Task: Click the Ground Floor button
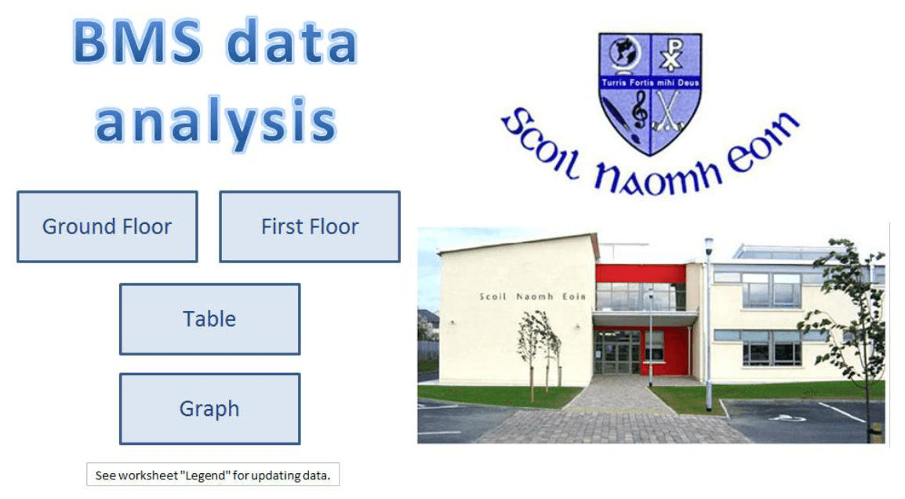click(107, 227)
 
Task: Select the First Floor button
click(310, 227)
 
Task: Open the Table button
click(209, 319)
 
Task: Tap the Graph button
click(209, 409)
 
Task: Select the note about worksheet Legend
click(213, 475)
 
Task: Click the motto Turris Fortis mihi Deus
click(650, 81)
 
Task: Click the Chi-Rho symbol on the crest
click(671, 55)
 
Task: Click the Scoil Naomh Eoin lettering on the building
click(532, 297)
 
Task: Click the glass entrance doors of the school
click(617, 352)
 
